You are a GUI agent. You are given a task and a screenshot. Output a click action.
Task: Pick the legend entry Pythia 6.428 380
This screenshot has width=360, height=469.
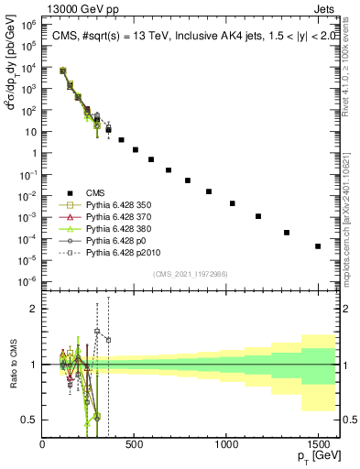117,227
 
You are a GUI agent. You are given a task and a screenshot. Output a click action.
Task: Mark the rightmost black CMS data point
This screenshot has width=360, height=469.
318,246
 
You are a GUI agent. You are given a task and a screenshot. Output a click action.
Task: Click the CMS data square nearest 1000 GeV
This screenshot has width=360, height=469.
233,203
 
